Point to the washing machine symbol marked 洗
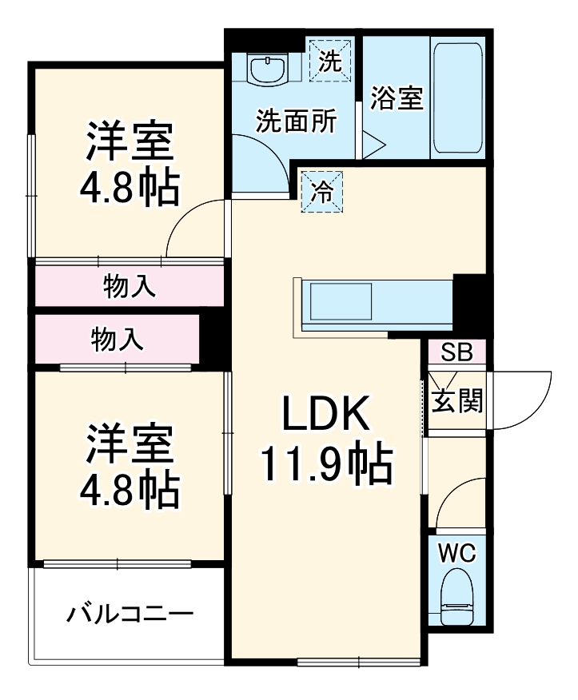tap(329, 59)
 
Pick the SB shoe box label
tap(457, 352)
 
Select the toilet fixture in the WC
tap(457, 595)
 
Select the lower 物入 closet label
tap(118, 340)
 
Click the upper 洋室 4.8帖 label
tap(128, 164)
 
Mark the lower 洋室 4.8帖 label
tap(128, 467)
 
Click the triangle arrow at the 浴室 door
tap(373, 145)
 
